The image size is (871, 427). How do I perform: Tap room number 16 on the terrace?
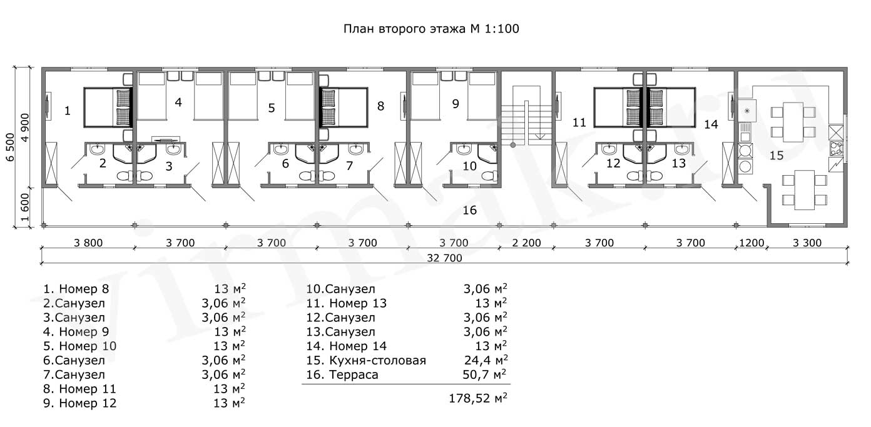click(469, 210)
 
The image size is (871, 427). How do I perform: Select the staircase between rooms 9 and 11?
click(526, 116)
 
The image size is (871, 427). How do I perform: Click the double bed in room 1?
click(108, 108)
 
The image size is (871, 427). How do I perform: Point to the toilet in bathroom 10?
click(489, 176)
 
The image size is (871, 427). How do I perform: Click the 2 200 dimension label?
click(526, 243)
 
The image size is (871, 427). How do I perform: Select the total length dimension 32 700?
click(444, 258)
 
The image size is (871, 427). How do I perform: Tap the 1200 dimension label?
click(751, 243)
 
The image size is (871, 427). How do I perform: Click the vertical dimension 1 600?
click(24, 207)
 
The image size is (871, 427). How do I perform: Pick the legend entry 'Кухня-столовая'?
click(377, 360)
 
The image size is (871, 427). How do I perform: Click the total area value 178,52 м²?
click(478, 398)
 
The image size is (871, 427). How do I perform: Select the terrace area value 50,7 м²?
click(484, 374)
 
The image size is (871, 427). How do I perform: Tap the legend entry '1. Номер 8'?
click(76, 289)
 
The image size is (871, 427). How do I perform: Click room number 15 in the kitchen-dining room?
click(777, 156)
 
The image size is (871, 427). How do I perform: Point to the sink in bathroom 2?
click(96, 149)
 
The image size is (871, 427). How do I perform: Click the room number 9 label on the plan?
click(456, 104)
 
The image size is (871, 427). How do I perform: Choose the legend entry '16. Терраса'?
click(342, 374)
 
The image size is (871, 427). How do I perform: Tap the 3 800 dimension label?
click(88, 243)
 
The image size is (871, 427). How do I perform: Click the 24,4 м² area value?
click(486, 360)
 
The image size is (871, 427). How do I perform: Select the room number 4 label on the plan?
click(178, 102)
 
